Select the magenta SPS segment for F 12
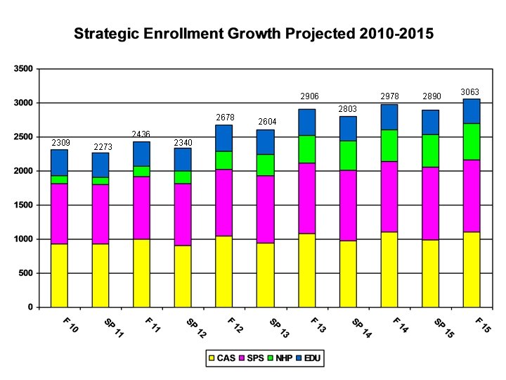(224, 203)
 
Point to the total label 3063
(471, 92)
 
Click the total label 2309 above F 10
(60, 143)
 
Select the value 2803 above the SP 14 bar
(348, 109)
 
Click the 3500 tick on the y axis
(23, 69)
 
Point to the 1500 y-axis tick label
(23, 205)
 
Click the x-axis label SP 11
(112, 328)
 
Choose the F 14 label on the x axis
(400, 326)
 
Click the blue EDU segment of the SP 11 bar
(100, 165)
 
